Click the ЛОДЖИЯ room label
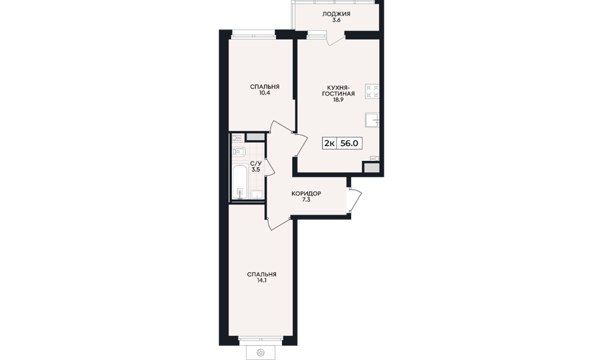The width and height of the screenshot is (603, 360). coord(336,14)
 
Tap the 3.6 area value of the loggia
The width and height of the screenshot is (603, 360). coord(336,20)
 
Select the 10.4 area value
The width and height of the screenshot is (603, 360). coord(264,93)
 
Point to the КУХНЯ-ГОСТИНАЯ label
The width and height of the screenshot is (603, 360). coord(338,91)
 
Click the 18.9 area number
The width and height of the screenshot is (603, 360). coord(338,99)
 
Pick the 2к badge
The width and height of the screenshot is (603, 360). coord(329,143)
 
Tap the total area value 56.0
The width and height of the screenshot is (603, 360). coord(350,143)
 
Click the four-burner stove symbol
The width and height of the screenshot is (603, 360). coord(373,92)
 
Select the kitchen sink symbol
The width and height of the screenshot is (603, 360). coord(373,120)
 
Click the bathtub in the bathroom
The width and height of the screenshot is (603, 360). coord(240,182)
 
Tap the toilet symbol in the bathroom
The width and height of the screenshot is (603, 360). coord(239,152)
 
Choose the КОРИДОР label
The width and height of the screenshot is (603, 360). coord(306,194)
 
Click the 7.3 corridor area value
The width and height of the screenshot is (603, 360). coord(306,200)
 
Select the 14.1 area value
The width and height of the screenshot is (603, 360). coord(261,281)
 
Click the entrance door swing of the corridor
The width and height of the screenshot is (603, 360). coord(355,200)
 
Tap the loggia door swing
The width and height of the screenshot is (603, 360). coord(336,40)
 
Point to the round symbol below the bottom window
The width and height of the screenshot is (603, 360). coord(261,351)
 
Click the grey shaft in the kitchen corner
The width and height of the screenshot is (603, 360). coord(371,168)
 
